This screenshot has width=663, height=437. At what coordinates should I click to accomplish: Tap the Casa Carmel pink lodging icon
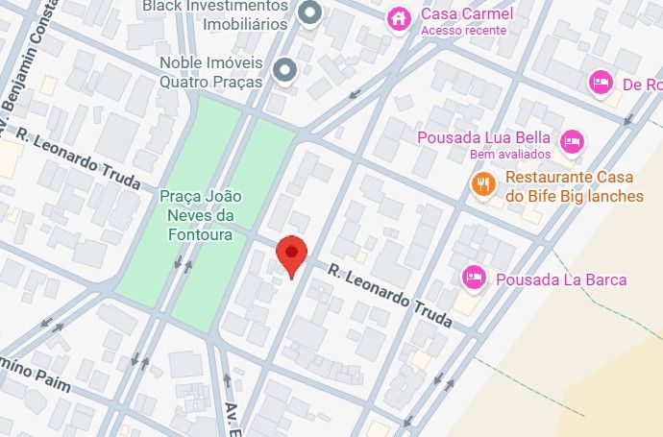(x=399, y=18)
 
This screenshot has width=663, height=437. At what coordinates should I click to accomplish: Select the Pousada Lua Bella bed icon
(x=572, y=141)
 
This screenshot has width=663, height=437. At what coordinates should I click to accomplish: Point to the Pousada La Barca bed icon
(x=474, y=278)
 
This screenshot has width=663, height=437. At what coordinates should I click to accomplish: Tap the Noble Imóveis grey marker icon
(x=284, y=69)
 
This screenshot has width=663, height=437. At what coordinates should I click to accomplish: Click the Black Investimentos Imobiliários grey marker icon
(x=309, y=13)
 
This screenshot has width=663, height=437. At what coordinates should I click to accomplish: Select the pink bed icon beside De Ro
(x=602, y=83)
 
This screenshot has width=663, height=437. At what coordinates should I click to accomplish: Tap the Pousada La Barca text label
(x=561, y=279)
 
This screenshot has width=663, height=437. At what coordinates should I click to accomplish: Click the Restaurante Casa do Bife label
(x=574, y=186)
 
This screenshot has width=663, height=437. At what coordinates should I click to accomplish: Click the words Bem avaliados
(x=510, y=154)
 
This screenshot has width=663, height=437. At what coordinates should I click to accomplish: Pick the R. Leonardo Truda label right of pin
(x=389, y=296)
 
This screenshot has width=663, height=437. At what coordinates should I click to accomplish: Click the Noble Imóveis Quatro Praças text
(x=211, y=72)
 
